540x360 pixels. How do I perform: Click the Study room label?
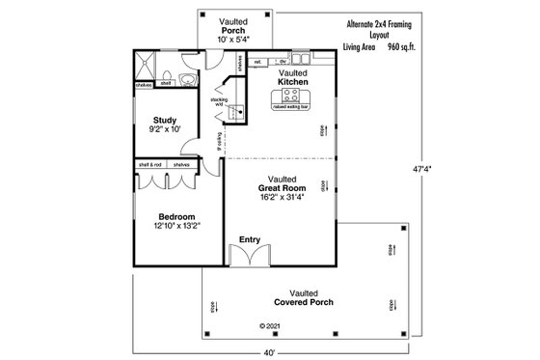163,120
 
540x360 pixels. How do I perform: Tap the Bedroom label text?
176,217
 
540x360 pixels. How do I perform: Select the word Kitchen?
293,82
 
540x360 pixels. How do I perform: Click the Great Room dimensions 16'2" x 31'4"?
282,197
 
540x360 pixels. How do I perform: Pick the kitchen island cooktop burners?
291,96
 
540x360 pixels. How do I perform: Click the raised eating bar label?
292,108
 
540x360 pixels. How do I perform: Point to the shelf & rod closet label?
149,165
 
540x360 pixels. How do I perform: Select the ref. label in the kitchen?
257,63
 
